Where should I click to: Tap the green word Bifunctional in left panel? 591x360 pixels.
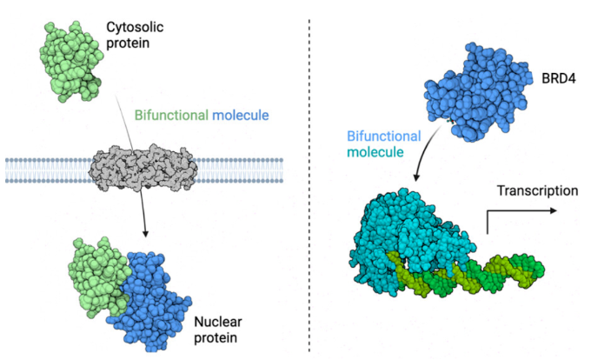tap(169, 115)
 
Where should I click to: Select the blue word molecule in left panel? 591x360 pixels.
tap(237, 115)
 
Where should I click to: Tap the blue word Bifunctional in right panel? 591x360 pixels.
tap(383, 137)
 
